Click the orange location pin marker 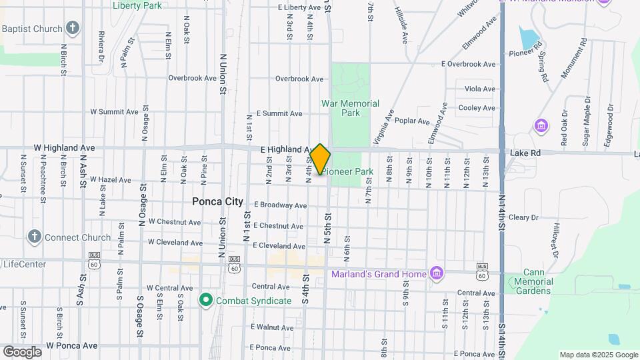(x=320, y=159)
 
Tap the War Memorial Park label (x=350, y=108)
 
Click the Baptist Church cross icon (x=73, y=29)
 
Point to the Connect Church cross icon (x=35, y=237)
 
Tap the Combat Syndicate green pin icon (x=206, y=301)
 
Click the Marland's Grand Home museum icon (x=437, y=273)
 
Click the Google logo (x=22, y=351)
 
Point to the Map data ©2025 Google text (x=598, y=355)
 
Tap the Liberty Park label (x=137, y=5)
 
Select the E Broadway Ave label (x=281, y=205)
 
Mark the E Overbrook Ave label (x=469, y=64)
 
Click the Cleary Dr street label (x=523, y=217)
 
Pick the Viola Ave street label (x=480, y=89)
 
